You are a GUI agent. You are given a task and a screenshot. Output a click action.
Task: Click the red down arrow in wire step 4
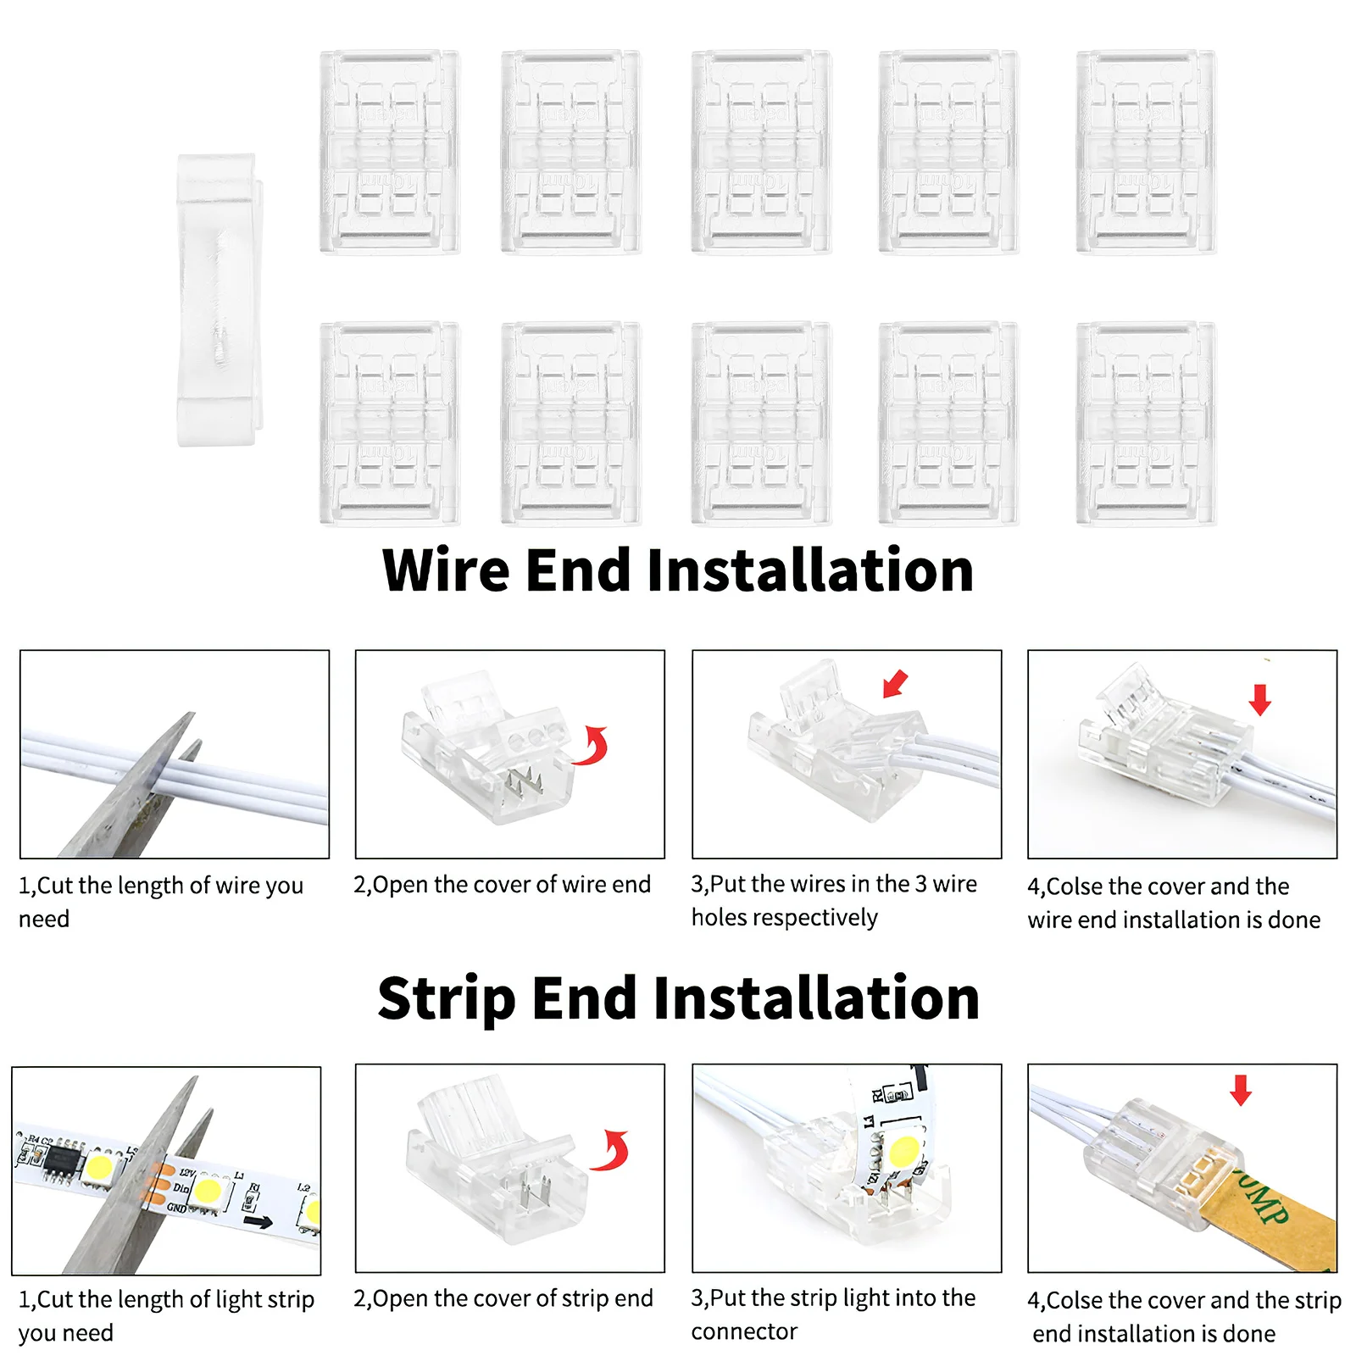1260,699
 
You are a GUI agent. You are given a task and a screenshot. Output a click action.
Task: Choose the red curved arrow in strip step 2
612,1150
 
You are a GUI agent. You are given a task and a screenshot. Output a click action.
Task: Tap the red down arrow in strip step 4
1241,1090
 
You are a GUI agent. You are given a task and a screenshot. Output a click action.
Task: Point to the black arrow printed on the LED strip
258,1221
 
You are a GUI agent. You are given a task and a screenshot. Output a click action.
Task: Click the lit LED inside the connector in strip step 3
904,1151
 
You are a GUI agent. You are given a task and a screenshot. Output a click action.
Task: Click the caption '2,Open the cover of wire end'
502,885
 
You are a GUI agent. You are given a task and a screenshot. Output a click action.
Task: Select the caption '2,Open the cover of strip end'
503,1298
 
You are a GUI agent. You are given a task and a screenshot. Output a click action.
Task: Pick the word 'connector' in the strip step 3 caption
744,1331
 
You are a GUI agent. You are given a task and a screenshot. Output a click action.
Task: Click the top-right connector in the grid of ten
1146,152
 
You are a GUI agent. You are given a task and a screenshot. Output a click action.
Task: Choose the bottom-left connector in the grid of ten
389,423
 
